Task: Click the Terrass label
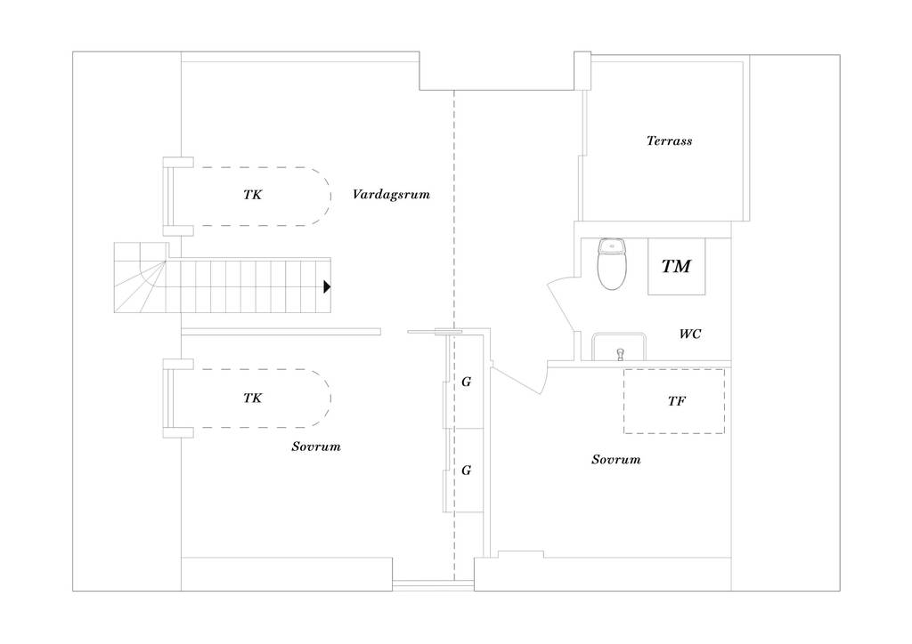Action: pos(670,141)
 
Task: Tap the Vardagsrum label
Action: pos(391,194)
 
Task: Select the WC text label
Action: pos(690,334)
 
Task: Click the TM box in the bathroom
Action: pos(677,266)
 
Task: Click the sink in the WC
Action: pos(619,347)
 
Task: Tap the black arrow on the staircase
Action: pos(327,286)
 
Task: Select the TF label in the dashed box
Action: pos(677,400)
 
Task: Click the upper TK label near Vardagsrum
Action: pos(252,195)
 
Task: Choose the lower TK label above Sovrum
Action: pos(252,398)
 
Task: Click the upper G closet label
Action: pos(466,382)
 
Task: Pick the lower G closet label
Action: pos(466,471)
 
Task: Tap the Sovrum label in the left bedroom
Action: pos(316,447)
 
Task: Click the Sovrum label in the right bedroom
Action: pos(616,459)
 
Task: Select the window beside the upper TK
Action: pos(167,197)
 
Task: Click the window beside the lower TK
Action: pos(167,398)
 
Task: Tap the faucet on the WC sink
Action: pos(620,354)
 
